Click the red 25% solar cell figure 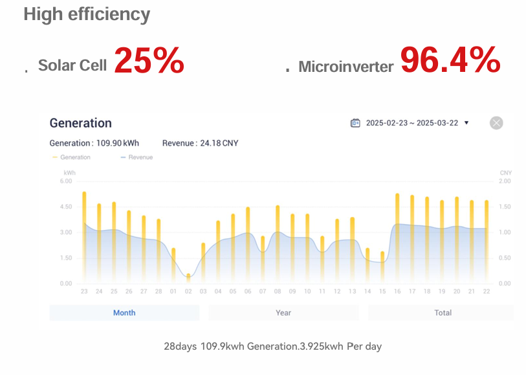click(x=149, y=61)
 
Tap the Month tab click(x=124, y=313)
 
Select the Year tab click(x=283, y=313)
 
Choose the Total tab click(x=443, y=313)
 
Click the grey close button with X click(x=496, y=123)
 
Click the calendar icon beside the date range click(x=355, y=123)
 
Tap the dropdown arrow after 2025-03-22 click(x=466, y=123)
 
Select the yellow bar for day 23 click(x=84, y=240)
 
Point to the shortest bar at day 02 click(x=188, y=278)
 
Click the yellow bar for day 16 click(x=397, y=240)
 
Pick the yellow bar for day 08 click(x=278, y=246)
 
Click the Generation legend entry click(x=72, y=157)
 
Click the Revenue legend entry click(x=137, y=157)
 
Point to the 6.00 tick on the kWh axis click(x=66, y=181)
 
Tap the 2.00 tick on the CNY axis click(x=505, y=181)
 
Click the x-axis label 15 click(x=382, y=291)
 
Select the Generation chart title click(x=80, y=123)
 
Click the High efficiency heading click(x=87, y=14)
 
